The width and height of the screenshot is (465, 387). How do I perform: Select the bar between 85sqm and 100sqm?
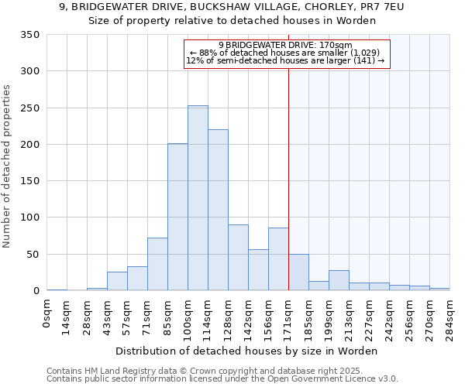pyautogui.click(x=177, y=217)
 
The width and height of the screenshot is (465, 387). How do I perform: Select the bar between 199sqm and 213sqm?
pyautogui.click(x=339, y=281)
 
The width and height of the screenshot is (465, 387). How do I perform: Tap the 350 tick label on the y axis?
pyautogui.click(x=29, y=35)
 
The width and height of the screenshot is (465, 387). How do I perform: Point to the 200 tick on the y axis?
pyautogui.click(x=29, y=145)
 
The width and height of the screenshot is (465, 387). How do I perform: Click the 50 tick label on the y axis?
pyautogui.click(x=33, y=255)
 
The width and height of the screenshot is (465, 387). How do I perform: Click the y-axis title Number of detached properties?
pyautogui.click(x=7, y=166)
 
